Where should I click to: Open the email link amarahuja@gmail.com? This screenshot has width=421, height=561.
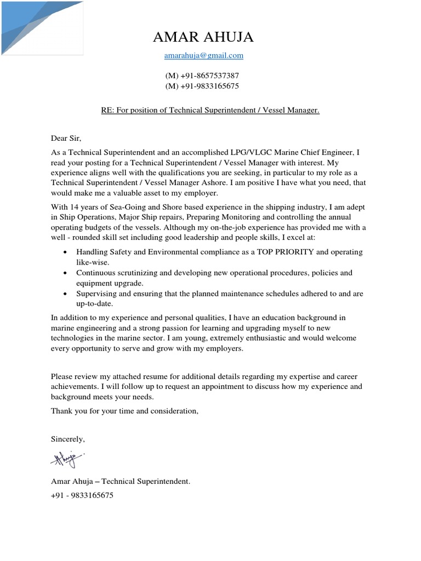tap(203, 56)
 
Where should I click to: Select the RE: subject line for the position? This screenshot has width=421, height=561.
tap(210, 111)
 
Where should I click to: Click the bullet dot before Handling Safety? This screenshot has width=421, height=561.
tap(66, 253)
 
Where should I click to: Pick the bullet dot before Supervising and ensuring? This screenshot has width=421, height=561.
tap(66, 294)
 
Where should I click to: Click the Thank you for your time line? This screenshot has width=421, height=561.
tap(124, 411)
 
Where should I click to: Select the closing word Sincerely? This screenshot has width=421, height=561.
tap(69, 439)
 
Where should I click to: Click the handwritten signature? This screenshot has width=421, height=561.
tap(68, 459)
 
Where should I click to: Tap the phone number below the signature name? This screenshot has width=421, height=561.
tap(82, 495)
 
